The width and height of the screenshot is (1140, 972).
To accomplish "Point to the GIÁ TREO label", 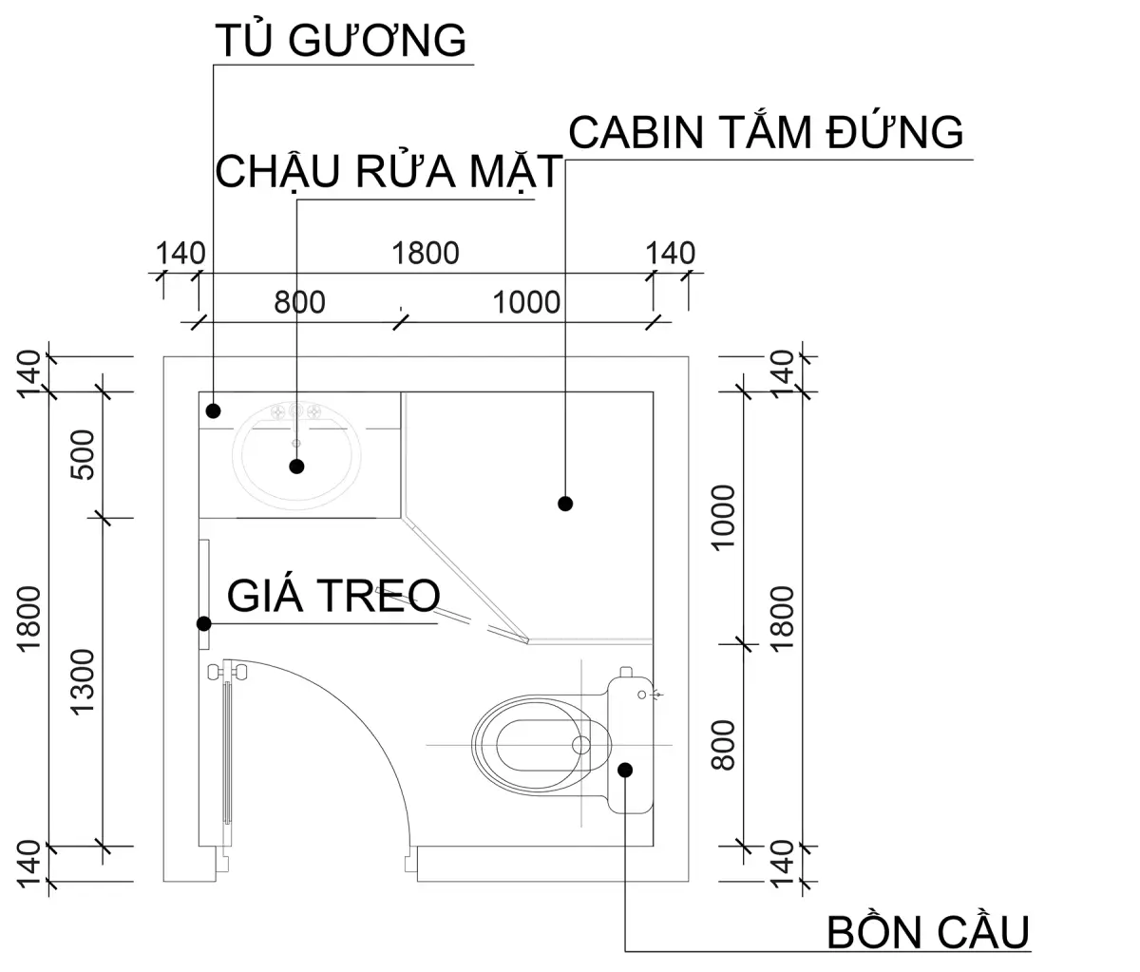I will click(x=333, y=596).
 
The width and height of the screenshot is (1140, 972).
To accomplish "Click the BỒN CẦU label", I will click(x=928, y=932).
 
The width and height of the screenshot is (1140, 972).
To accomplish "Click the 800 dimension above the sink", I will click(x=299, y=302).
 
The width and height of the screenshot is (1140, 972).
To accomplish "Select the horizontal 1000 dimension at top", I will click(x=527, y=302).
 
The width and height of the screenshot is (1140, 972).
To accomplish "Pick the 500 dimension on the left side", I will click(x=84, y=454).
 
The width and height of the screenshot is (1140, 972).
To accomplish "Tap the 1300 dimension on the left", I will click(x=84, y=681).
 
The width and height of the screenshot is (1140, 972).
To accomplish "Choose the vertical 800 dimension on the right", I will click(x=724, y=744).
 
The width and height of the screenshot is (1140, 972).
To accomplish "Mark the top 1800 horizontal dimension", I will click(x=425, y=253).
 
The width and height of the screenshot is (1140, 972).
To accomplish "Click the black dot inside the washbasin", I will click(x=296, y=467).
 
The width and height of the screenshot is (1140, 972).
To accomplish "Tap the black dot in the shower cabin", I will click(x=565, y=504).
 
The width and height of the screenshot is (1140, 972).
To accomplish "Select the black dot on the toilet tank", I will click(x=625, y=770).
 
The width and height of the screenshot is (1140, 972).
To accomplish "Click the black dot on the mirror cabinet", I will click(x=214, y=410).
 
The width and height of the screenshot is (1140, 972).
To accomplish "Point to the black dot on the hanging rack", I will click(x=202, y=624).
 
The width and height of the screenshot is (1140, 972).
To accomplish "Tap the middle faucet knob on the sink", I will click(x=295, y=412).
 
